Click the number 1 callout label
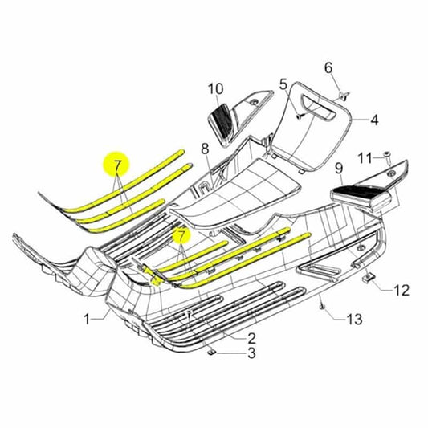(87, 320)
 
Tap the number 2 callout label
(251, 338)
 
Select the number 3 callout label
(251, 353)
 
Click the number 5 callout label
(283, 84)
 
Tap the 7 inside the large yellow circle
(118, 167)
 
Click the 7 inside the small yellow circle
(181, 236)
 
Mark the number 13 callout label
(354, 320)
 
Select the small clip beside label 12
(372, 279)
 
